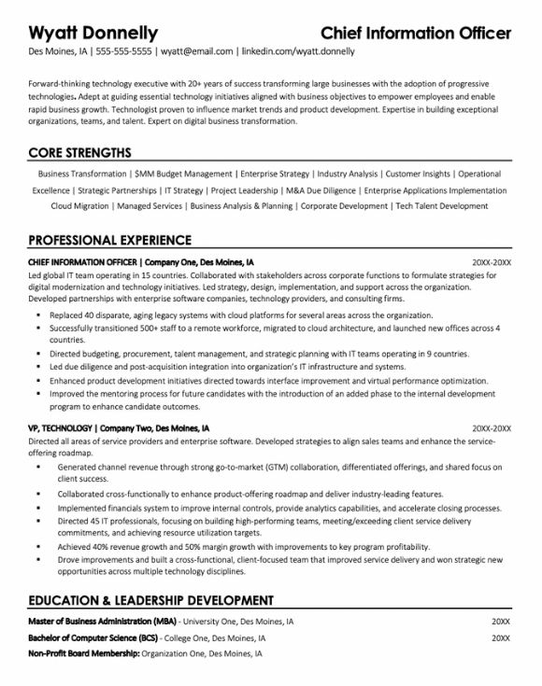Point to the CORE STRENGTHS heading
(79, 153)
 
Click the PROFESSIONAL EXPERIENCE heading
(110, 239)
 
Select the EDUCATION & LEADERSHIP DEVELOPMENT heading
(150, 599)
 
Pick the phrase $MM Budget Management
(183, 174)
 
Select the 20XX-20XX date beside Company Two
(491, 402)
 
